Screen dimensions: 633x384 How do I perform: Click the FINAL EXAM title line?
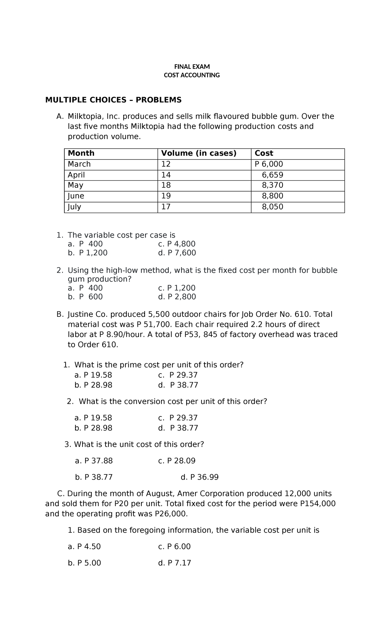click(192, 67)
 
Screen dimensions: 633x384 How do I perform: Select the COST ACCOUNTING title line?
click(192, 75)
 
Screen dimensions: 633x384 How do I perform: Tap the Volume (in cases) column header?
click(198, 153)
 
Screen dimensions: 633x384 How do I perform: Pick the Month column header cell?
click(81, 153)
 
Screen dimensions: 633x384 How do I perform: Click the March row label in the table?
click(79, 164)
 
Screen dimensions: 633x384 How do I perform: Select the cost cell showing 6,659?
click(272, 175)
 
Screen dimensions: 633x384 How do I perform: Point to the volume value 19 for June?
click(166, 196)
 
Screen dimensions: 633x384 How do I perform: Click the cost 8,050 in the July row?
click(272, 207)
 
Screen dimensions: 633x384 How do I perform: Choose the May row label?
click(76, 185)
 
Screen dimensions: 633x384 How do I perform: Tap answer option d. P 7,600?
click(177, 253)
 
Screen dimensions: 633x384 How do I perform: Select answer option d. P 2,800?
click(177, 297)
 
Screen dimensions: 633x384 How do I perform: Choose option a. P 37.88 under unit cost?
click(94, 461)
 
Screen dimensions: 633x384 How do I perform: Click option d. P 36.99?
click(199, 477)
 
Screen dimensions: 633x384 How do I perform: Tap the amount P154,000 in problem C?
click(318, 504)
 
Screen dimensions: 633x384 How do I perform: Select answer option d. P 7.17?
click(174, 563)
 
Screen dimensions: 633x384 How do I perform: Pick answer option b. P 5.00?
click(84, 563)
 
